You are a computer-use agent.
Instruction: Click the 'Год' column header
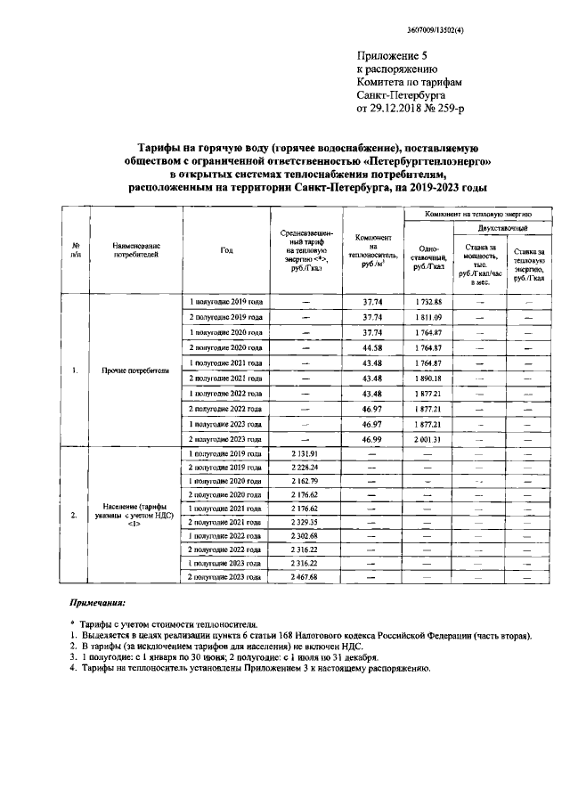226,250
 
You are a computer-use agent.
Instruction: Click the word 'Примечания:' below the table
99,603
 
